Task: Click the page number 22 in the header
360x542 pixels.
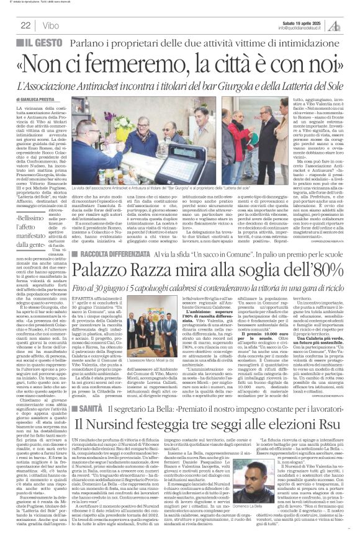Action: (26, 25)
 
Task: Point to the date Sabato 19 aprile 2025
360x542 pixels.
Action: (303, 22)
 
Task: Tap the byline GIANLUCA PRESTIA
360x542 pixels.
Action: (50, 99)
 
